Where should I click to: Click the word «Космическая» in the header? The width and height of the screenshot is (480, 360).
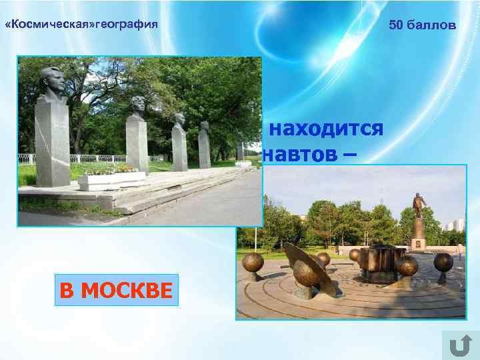tap(49, 25)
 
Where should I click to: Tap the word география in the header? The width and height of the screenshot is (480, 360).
tap(127, 25)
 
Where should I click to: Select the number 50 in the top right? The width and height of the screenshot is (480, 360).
tap(396, 25)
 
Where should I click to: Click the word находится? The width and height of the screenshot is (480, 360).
tap(326, 128)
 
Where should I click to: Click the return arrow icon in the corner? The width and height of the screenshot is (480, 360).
tap(459, 345)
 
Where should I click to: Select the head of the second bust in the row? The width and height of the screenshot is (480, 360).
tap(137, 107)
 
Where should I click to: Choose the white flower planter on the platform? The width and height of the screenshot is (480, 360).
tap(111, 179)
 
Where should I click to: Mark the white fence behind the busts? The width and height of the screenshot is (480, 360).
tap(87, 159)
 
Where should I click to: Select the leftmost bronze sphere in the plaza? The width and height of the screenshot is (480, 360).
tap(252, 263)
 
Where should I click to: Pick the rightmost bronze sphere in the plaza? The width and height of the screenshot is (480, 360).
tap(443, 262)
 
